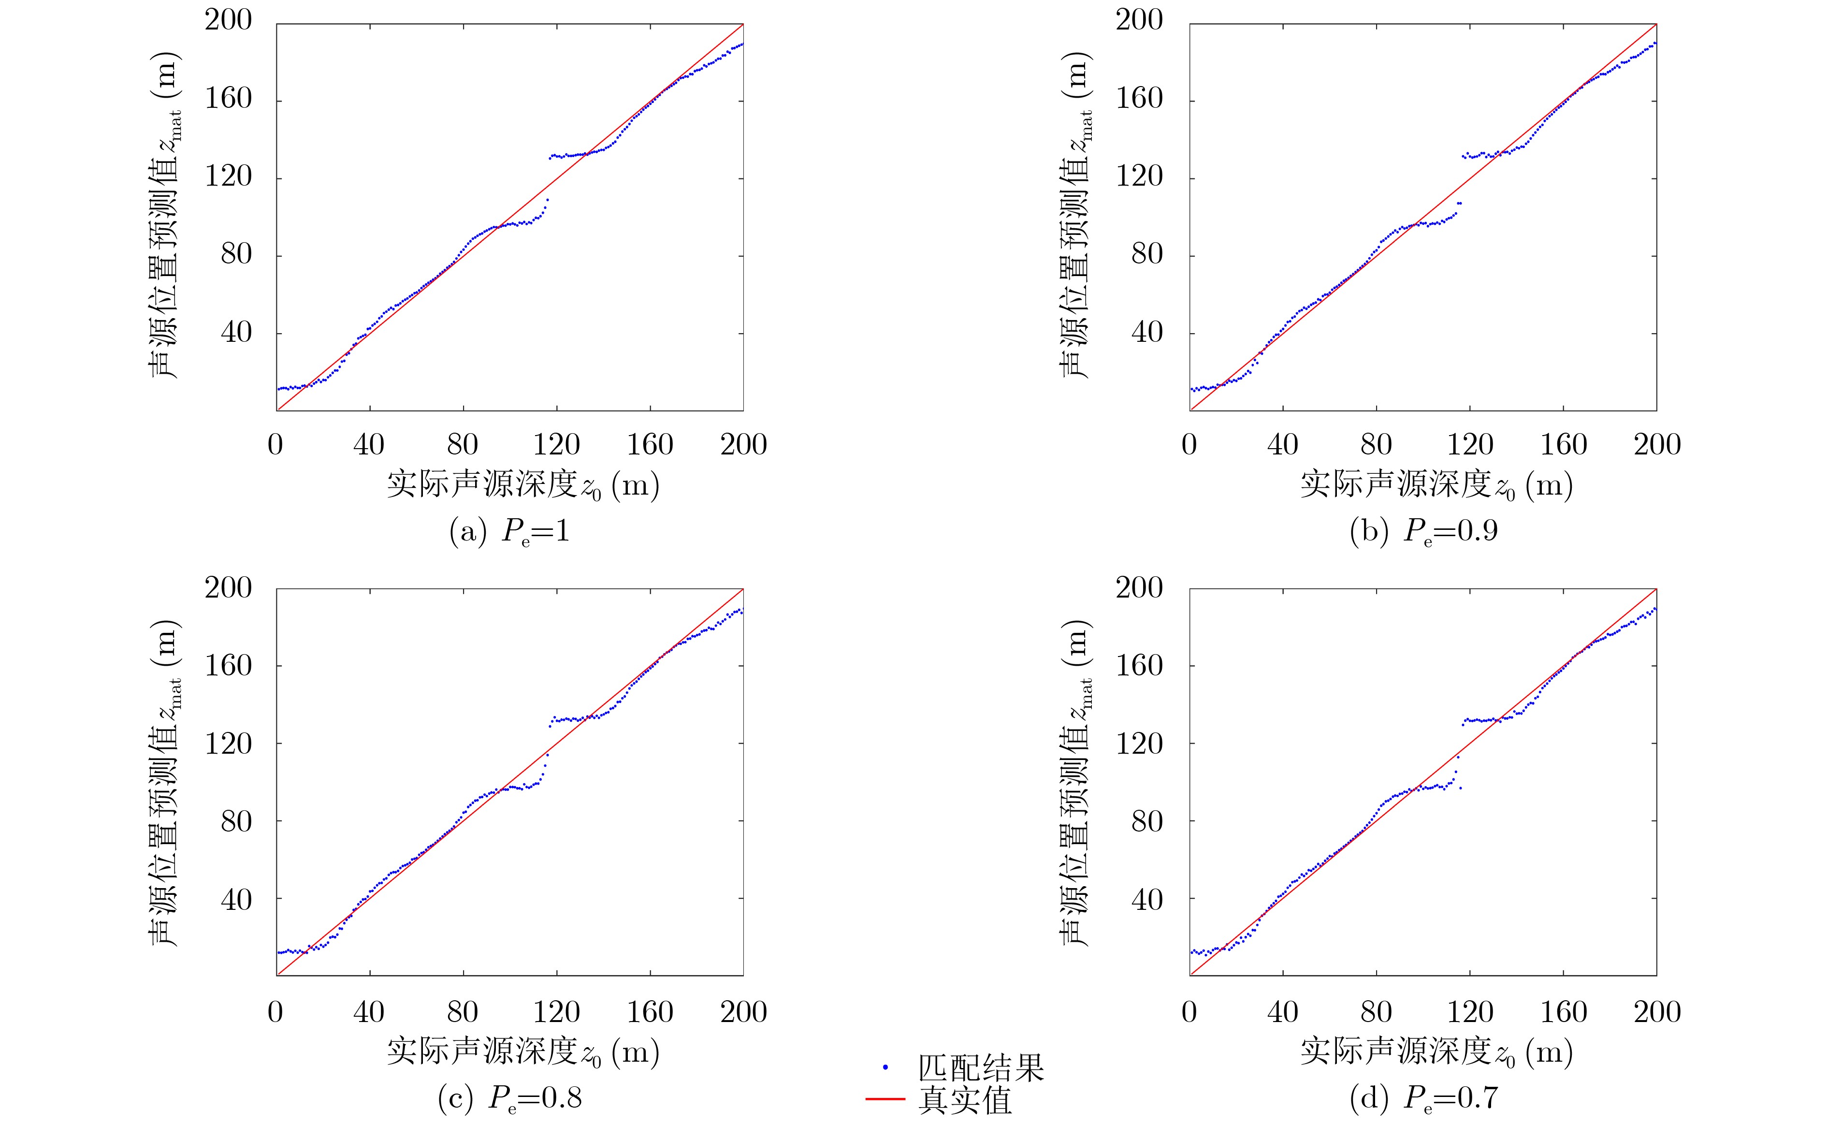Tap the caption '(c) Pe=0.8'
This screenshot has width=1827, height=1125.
coord(509,1098)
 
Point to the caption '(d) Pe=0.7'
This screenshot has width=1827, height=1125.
coord(1423,1098)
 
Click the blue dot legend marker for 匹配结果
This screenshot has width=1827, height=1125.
coord(885,1067)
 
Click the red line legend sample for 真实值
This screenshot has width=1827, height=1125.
coord(885,1099)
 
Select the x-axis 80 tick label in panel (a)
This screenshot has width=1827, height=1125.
coord(462,445)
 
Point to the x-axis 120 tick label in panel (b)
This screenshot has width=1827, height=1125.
coord(1470,445)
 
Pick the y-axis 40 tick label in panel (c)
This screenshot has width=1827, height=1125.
coord(236,900)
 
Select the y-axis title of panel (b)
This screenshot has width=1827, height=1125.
coord(1075,216)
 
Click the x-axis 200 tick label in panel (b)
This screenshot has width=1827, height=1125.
coord(1657,445)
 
